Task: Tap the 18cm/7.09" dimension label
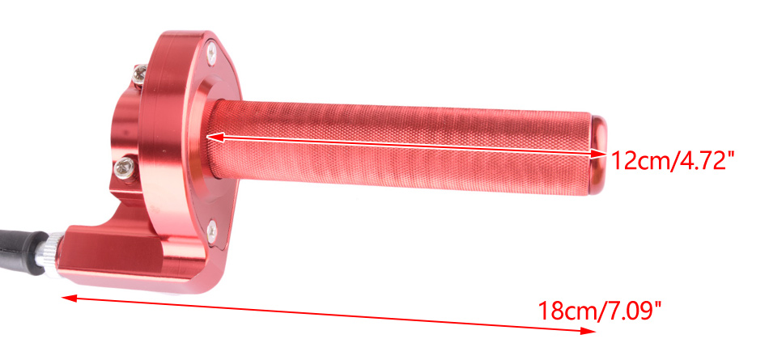pos(600,310)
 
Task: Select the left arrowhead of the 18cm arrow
pos(69,297)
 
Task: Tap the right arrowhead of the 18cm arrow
pos(588,331)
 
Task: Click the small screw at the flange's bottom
pos(212,231)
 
